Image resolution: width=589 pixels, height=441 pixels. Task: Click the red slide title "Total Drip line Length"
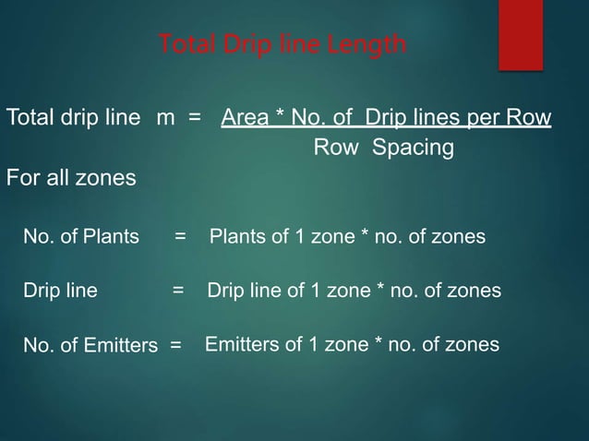pos(282,44)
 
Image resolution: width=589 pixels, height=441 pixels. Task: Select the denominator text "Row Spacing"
pos(383,148)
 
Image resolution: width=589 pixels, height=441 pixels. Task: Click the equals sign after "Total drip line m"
pos(195,119)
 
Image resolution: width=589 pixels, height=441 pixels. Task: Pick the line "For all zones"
pos(71,177)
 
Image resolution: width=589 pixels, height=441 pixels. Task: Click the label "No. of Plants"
pos(81,237)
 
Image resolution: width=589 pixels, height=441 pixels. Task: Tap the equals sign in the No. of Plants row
pos(180,237)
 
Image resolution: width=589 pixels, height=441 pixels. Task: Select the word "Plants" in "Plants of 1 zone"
pos(236,237)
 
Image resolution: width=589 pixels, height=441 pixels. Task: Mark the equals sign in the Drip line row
pos(178,292)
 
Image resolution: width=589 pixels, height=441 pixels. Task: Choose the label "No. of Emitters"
pos(90,347)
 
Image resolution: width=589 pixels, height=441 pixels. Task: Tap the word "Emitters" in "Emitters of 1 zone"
pos(238,345)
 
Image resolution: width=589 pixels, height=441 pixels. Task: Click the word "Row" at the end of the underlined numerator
pos(531,119)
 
